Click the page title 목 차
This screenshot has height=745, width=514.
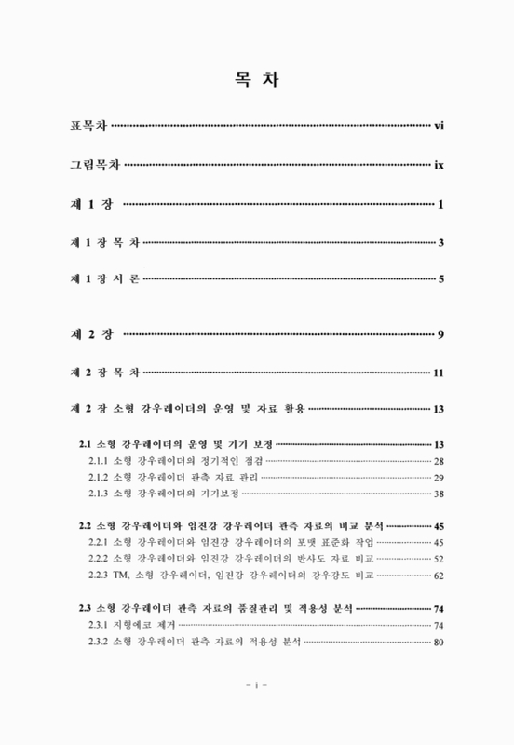pos(256,81)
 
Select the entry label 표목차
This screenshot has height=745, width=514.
pos(89,126)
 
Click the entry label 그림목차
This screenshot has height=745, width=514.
pos(96,165)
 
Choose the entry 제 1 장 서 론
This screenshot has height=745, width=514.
pos(104,279)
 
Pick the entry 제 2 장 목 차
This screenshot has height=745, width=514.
pos(104,372)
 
